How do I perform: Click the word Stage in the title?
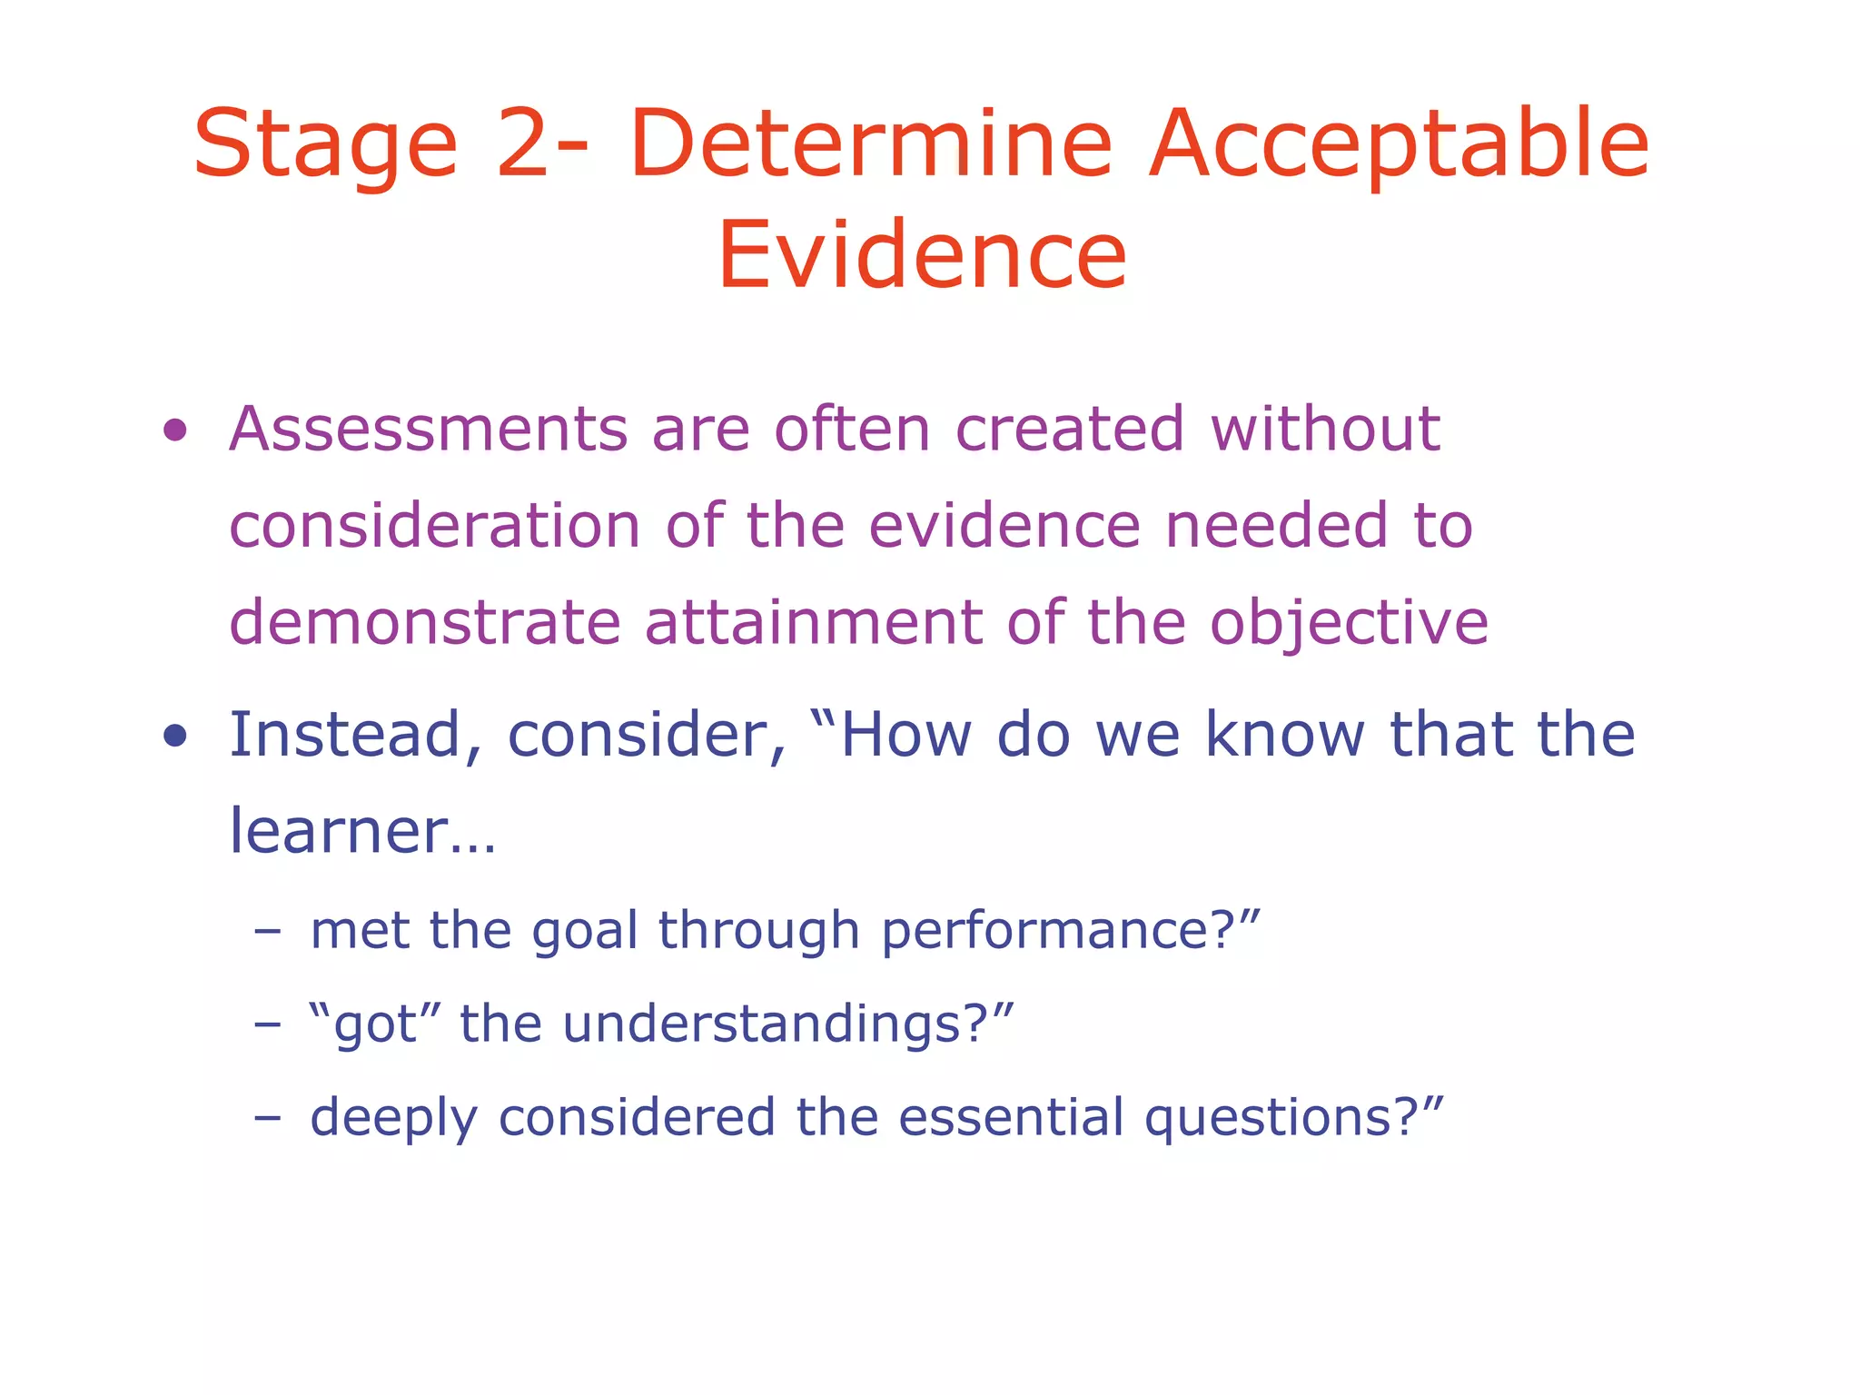(325, 145)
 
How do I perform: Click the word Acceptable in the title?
(1399, 145)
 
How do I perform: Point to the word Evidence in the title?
(922, 256)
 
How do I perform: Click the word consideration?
(434, 526)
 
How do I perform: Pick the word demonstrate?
(424, 623)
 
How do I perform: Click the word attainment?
(814, 623)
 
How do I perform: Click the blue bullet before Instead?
(175, 736)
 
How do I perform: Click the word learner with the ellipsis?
(361, 832)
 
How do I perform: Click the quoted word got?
(374, 1025)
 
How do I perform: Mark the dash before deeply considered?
(267, 1116)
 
